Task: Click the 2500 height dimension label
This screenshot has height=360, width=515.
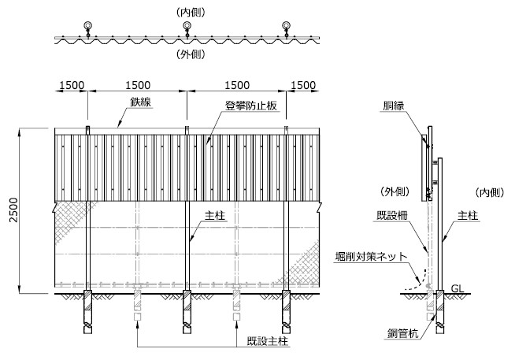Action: (x=13, y=210)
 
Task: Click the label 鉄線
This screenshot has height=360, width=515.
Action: (x=140, y=102)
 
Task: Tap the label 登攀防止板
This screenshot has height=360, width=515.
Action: (x=251, y=106)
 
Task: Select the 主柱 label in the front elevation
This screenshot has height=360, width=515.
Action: (x=215, y=216)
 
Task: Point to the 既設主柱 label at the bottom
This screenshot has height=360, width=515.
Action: (x=268, y=341)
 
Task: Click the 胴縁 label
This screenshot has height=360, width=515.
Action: (x=394, y=106)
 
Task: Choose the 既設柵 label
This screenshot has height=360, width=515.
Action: (x=391, y=216)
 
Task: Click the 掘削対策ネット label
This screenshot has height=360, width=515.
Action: (x=371, y=256)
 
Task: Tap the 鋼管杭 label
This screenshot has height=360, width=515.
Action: (x=402, y=333)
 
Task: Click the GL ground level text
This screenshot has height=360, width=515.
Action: (x=458, y=288)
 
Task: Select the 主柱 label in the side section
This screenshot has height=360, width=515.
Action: (x=468, y=216)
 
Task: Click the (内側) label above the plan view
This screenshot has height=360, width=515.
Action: (x=191, y=13)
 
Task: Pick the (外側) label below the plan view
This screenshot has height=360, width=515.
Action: (x=191, y=54)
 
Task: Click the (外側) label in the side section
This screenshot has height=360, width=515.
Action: (x=395, y=191)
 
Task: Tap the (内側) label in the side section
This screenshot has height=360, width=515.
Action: (x=489, y=192)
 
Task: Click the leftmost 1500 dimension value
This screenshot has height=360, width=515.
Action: (x=72, y=85)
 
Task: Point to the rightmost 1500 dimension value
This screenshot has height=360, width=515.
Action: (x=303, y=85)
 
